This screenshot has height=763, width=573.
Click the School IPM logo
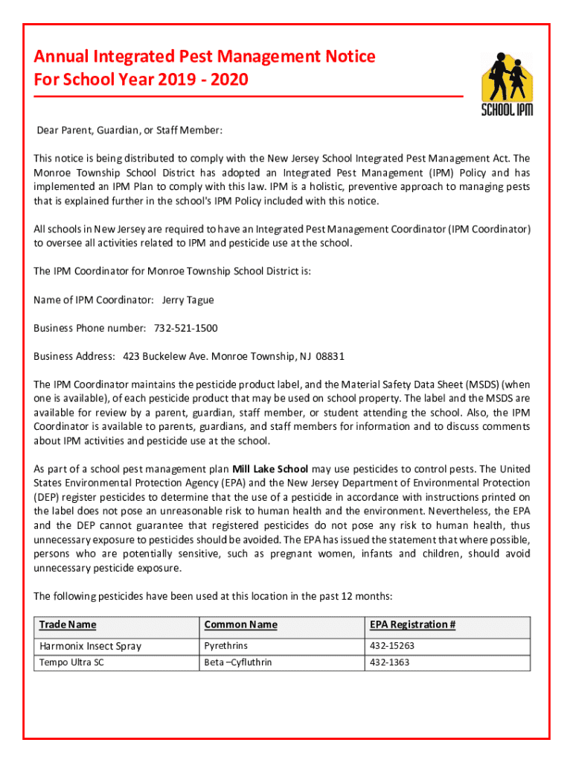pos(507,84)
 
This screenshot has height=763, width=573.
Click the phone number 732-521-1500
pos(186,328)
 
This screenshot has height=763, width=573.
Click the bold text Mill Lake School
pos(270,469)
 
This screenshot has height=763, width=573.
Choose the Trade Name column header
pos(68,624)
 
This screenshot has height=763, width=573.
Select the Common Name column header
pos(240,624)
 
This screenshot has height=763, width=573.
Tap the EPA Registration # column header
pos(412,624)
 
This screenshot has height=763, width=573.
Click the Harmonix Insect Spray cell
pos(90,646)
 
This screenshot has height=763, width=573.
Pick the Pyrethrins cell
pos(226,645)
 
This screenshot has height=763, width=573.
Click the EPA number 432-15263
pos(392,645)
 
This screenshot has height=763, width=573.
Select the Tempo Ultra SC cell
pos(72,662)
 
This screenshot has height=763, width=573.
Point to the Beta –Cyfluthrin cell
pos(238,662)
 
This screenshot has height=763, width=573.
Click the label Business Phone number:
pos(90,328)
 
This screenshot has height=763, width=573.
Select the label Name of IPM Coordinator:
pos(94,300)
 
